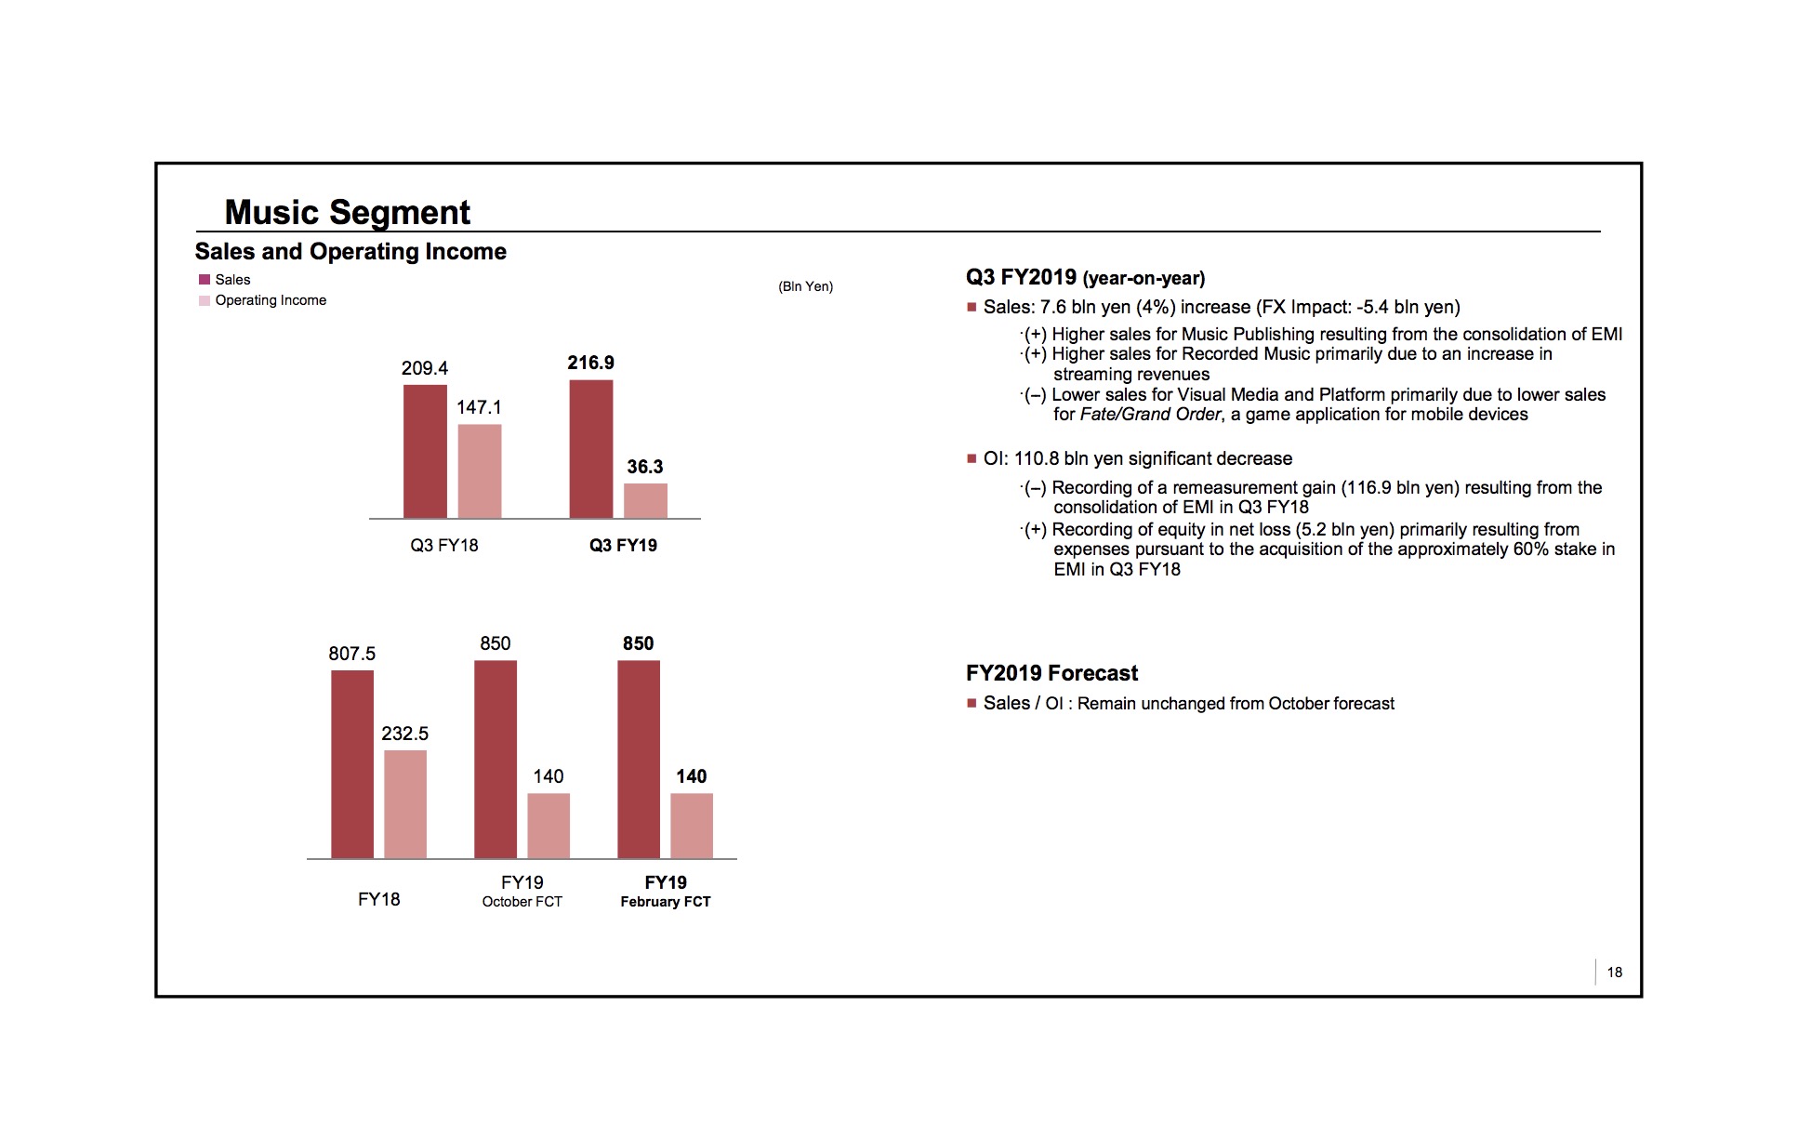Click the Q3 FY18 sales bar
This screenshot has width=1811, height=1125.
click(425, 452)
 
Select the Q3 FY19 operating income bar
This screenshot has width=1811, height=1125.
click(645, 501)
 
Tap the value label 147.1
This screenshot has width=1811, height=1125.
click(479, 407)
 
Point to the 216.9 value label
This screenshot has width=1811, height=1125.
click(591, 363)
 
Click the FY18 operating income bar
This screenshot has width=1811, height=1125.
click(405, 804)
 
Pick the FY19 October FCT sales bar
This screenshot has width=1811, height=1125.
click(496, 760)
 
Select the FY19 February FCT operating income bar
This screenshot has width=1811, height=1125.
click(692, 826)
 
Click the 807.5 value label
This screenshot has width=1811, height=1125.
click(352, 654)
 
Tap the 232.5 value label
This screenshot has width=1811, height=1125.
click(405, 734)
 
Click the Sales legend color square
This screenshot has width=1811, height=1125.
click(205, 280)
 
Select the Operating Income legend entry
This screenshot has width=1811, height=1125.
click(270, 300)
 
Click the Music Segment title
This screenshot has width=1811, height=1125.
click(348, 212)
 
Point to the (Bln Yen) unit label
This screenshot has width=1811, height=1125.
click(805, 286)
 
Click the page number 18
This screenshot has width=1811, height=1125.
click(1615, 972)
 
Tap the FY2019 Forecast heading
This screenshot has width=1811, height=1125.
click(1051, 673)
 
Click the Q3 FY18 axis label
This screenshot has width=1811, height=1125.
click(444, 546)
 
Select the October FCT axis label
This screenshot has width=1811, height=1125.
click(522, 902)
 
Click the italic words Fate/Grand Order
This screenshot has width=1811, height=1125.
click(1150, 415)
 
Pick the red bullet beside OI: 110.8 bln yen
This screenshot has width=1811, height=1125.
click(972, 459)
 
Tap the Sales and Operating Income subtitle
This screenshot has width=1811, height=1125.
click(350, 252)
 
